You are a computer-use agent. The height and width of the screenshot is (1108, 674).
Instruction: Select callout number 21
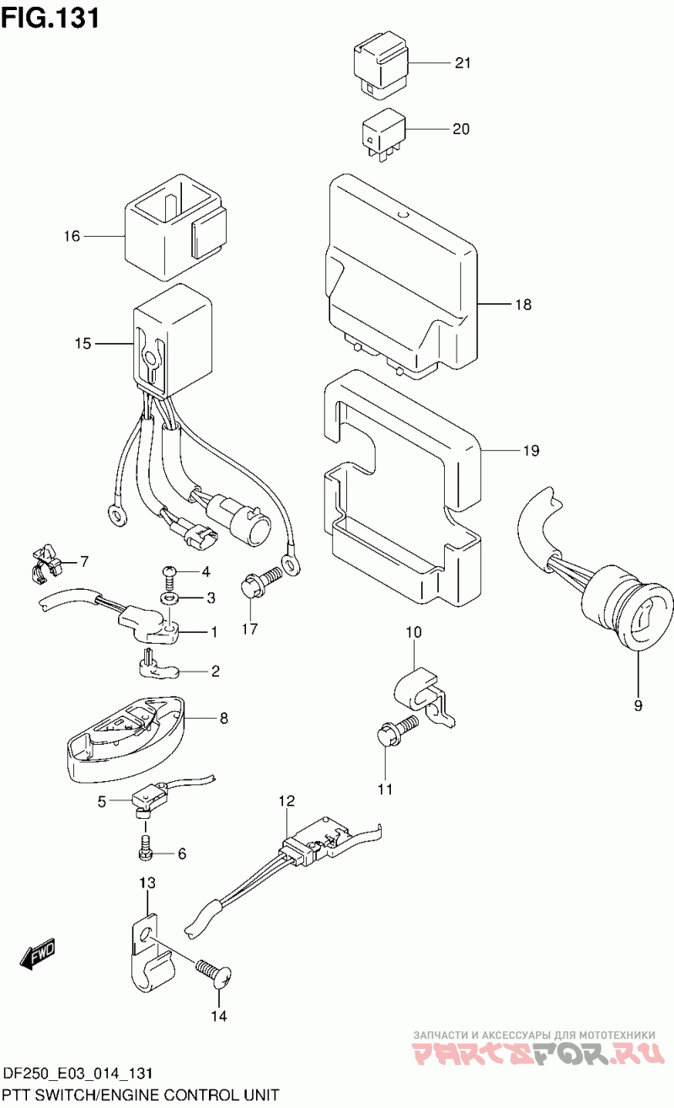coord(463,63)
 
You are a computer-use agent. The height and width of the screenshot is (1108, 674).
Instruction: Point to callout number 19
coord(530,451)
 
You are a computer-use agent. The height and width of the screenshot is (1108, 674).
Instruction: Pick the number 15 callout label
coord(82,343)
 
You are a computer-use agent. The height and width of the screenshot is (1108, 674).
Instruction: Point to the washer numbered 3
coord(171,597)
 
